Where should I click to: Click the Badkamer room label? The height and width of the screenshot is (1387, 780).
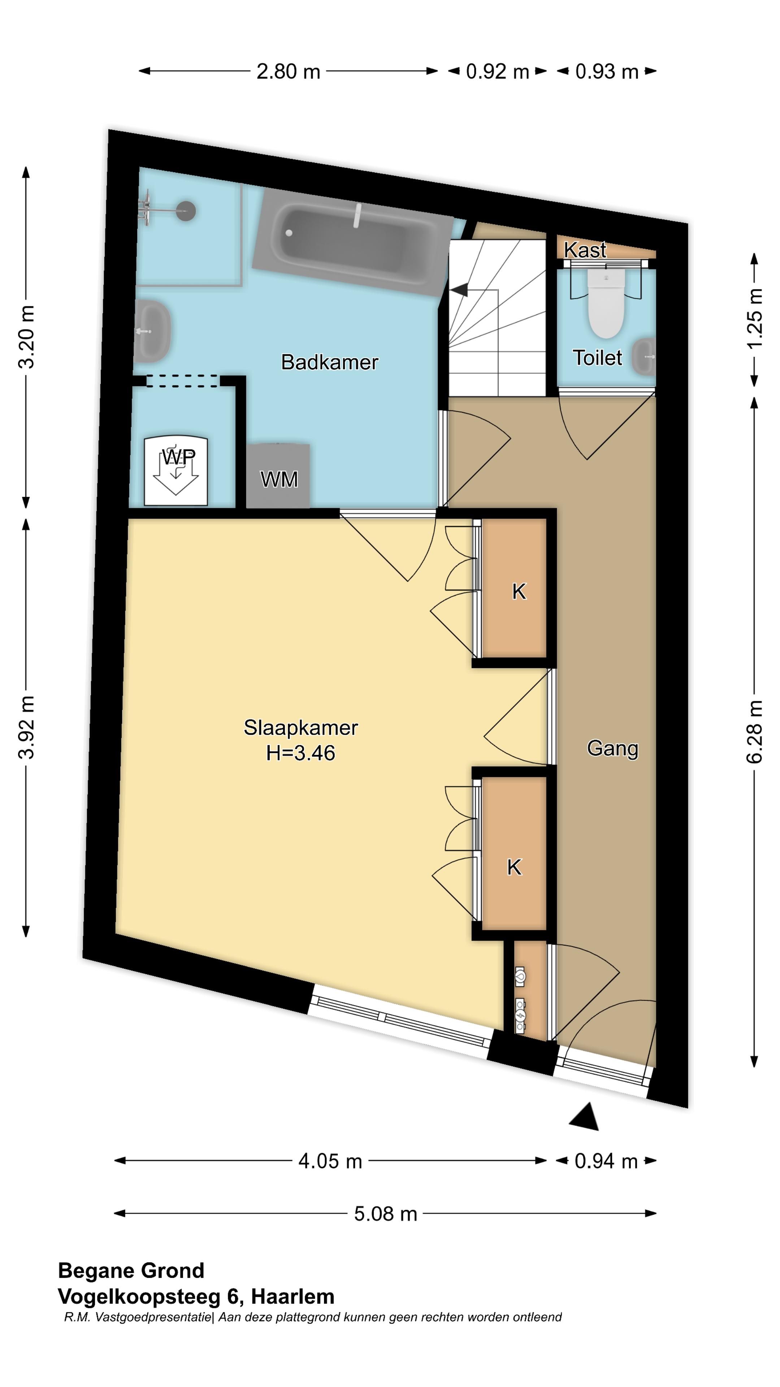pyautogui.click(x=329, y=362)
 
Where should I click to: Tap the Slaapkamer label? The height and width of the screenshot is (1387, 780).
pyautogui.click(x=300, y=727)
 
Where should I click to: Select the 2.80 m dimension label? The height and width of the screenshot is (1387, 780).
pyautogui.click(x=288, y=72)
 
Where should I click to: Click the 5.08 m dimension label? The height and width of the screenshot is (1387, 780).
pyautogui.click(x=385, y=1214)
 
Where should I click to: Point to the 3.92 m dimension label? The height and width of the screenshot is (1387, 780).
pyautogui.click(x=26, y=727)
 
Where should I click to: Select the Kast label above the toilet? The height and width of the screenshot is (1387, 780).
pyautogui.click(x=585, y=250)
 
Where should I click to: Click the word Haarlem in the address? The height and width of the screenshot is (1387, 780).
pyautogui.click(x=293, y=1297)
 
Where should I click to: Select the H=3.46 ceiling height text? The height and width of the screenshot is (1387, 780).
pyautogui.click(x=300, y=753)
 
